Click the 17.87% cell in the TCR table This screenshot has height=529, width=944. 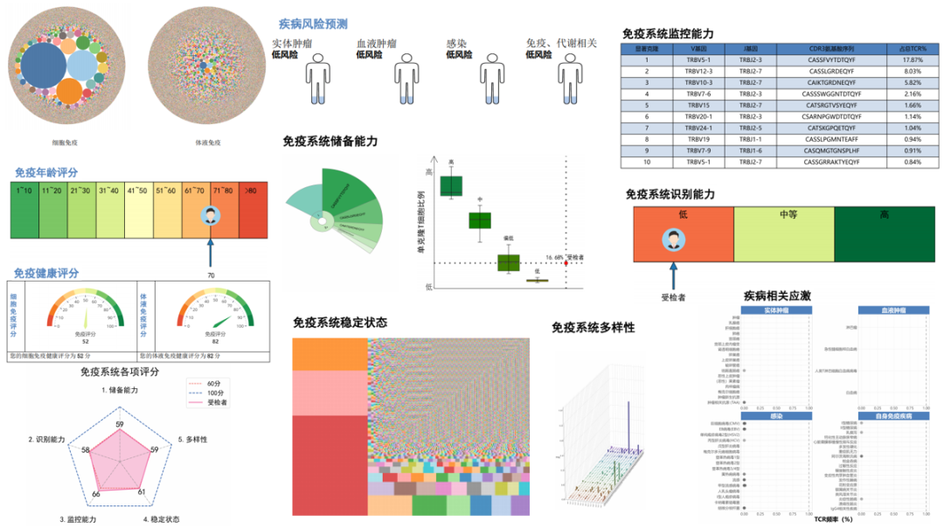tap(912, 59)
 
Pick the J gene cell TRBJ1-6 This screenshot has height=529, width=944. tap(751, 150)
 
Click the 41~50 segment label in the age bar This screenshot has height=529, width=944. tap(137, 189)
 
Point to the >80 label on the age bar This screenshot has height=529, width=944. tap(252, 189)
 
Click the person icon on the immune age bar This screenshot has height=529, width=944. tap(211, 218)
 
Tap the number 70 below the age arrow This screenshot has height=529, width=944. tap(211, 275)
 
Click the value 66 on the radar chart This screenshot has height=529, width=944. tap(96, 494)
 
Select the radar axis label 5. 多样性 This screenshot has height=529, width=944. tap(192, 439)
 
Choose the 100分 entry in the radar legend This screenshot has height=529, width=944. tap(218, 393)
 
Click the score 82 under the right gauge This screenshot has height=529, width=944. tap(212, 341)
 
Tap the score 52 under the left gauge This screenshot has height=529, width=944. tap(86, 341)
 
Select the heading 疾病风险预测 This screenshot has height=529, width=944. tap(313, 24)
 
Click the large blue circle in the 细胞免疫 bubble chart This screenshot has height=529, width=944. tap(46, 67)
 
